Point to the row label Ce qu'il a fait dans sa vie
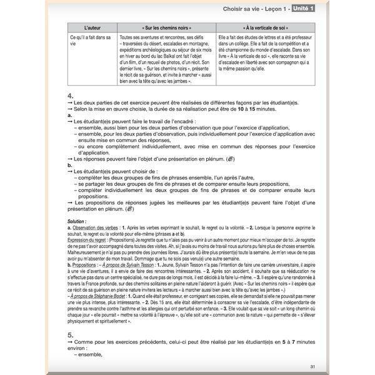(87, 41)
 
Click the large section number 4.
(70, 94)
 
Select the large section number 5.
(70, 334)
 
